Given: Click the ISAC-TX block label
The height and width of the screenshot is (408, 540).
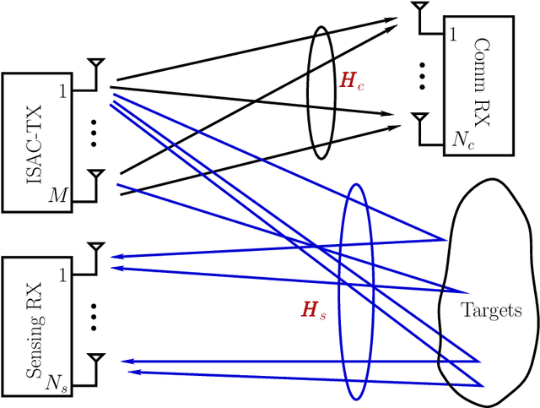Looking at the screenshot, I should pos(32,142).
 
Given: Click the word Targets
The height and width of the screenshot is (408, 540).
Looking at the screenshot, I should pos(491,310).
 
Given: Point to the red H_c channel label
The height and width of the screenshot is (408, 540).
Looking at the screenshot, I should pos(348,82).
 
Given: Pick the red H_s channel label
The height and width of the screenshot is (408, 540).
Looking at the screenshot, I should pos(314,310).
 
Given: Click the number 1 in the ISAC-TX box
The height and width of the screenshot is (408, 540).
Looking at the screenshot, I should pos(62,91).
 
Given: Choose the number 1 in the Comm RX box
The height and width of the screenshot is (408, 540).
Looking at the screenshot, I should pos(454,35).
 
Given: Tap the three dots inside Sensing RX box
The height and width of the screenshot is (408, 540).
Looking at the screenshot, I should pos(94,316).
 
